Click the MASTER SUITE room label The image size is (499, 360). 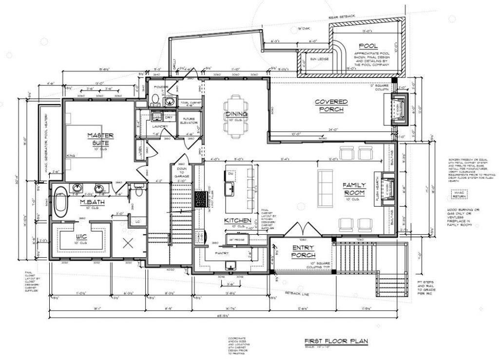[x=100, y=139]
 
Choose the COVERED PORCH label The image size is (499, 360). [x=331, y=105]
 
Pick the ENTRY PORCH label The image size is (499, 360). [x=303, y=251]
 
